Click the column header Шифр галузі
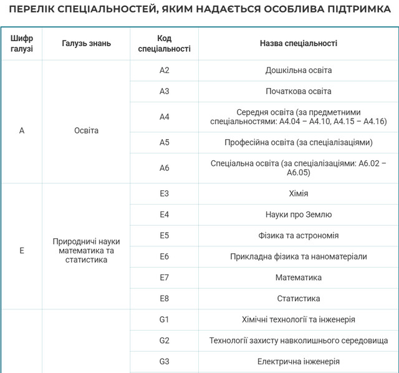22,43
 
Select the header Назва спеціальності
298,43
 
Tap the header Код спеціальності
164,43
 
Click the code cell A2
164,70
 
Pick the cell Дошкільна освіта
298,70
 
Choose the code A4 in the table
164,117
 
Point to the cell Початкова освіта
298,91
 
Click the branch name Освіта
87,131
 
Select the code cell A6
164,168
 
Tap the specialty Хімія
298,193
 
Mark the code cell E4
164,215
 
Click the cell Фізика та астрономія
298,235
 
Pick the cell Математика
298,277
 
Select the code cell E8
164,298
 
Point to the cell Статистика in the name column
298,298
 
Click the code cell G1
164,319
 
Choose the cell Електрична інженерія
298,361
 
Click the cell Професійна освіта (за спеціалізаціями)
298,142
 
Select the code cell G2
164,341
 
